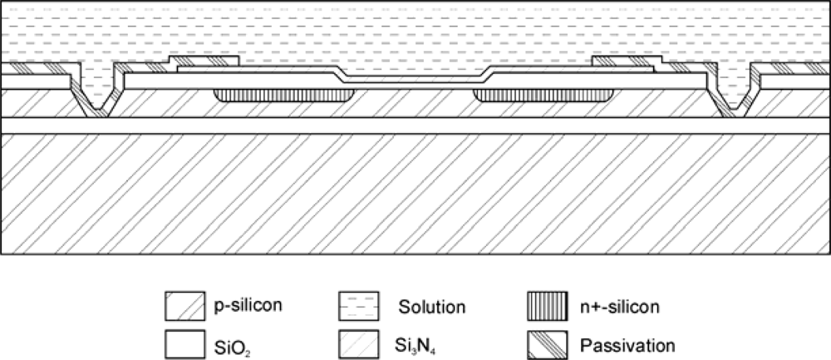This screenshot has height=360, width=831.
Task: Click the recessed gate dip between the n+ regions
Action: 411,81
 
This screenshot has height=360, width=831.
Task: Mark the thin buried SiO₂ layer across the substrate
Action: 415,125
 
